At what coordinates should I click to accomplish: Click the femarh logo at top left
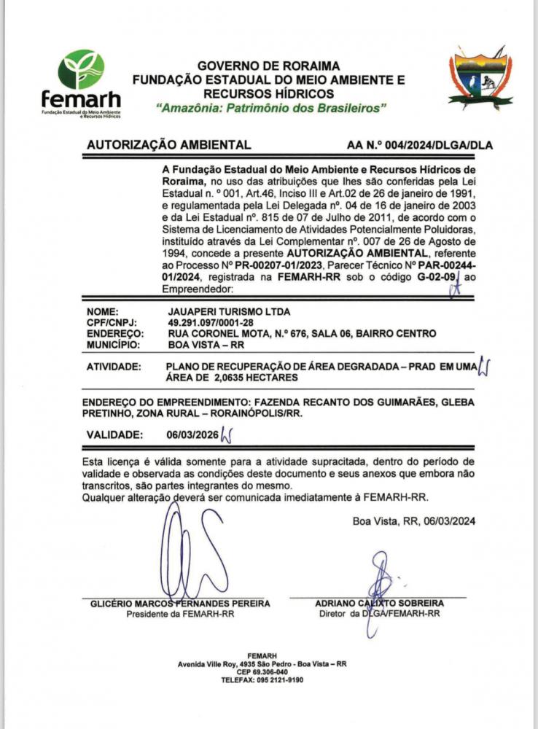click(x=80, y=84)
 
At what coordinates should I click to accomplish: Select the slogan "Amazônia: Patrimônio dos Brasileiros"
click(x=271, y=108)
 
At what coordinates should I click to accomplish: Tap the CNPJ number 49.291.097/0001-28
click(x=212, y=323)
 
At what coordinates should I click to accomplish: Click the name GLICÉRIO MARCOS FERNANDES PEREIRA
click(x=180, y=604)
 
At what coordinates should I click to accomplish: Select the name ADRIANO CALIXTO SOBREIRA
click(x=379, y=604)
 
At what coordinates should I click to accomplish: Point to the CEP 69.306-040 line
click(x=262, y=672)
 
